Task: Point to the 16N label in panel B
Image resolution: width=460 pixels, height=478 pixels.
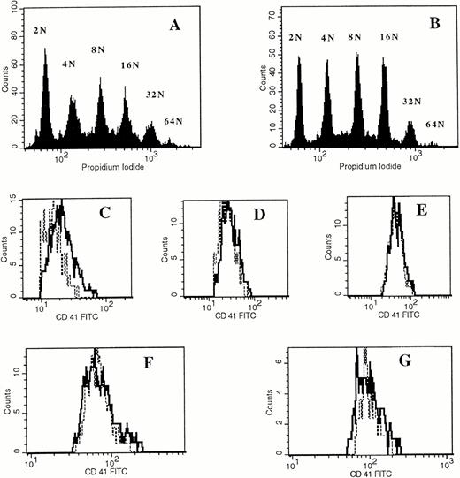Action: tap(385, 39)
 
